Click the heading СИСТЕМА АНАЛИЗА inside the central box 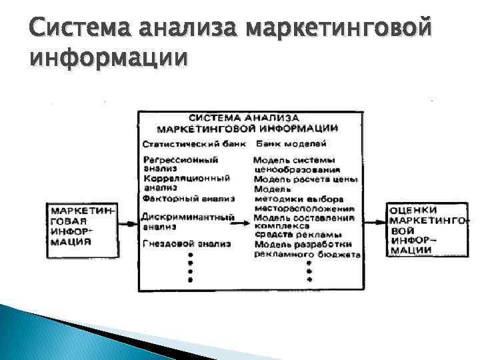(249, 117)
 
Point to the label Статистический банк (193, 143)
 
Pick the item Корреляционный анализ (186, 183)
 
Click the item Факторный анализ (189, 198)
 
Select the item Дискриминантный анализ (188, 221)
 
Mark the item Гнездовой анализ (186, 244)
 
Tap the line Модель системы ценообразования (293, 165)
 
